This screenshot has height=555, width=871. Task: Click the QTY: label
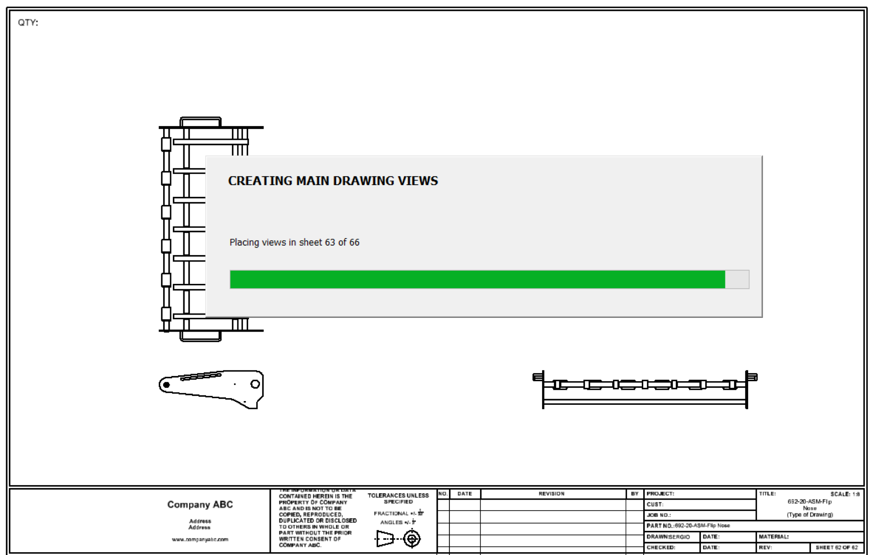click(28, 23)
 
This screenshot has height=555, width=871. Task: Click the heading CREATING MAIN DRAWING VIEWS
click(333, 181)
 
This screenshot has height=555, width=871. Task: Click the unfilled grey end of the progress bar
click(737, 279)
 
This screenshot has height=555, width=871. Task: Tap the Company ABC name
click(200, 504)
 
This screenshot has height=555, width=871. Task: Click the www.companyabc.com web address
click(200, 539)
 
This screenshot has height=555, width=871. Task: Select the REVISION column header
click(551, 494)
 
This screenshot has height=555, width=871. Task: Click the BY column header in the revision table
click(634, 494)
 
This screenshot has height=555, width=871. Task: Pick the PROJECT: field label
click(660, 494)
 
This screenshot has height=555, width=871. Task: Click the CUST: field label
click(655, 504)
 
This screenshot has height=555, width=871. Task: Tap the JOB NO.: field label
click(659, 515)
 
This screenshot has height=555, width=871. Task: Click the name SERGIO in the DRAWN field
click(680, 537)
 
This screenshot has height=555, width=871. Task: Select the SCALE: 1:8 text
click(845, 494)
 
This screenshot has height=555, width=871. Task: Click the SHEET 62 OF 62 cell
click(837, 547)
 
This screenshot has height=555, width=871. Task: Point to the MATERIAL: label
click(774, 537)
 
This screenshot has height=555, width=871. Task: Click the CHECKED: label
click(661, 547)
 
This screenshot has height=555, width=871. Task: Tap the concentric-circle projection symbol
click(412, 538)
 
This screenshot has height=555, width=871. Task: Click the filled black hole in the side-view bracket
click(166, 385)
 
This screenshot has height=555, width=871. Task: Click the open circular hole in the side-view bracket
click(255, 384)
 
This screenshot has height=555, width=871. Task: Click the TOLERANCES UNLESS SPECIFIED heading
click(398, 498)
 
